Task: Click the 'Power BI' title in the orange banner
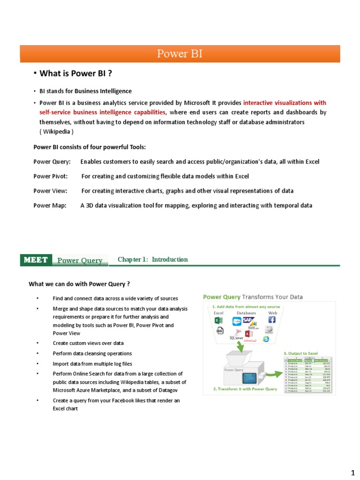(180, 54)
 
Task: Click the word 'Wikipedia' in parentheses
(56, 131)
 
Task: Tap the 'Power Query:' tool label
(52, 162)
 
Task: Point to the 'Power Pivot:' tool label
(51, 176)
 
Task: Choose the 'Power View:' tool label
(50, 191)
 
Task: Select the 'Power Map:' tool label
(50, 205)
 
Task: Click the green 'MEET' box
(35, 260)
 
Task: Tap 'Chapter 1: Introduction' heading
(153, 259)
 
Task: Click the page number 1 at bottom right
(353, 470)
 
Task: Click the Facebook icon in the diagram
(271, 319)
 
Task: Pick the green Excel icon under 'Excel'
(218, 320)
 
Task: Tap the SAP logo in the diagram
(248, 320)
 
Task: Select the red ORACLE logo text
(249, 340)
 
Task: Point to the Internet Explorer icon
(266, 338)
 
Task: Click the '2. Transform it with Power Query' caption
(245, 389)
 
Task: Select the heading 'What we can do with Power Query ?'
(79, 284)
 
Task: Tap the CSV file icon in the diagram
(219, 331)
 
